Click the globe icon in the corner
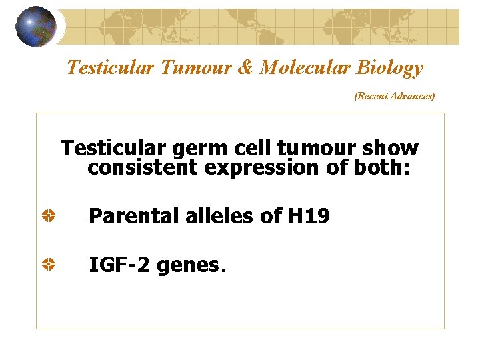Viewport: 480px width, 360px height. pyautogui.click(x=35, y=27)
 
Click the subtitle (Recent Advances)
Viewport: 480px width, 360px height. pyautogui.click(x=394, y=96)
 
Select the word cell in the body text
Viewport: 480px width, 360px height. pyautogui.click(x=250, y=148)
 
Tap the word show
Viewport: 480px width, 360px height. pyautogui.click(x=390, y=148)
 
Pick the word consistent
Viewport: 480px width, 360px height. pyautogui.click(x=143, y=168)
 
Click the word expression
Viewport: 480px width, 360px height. pyautogui.click(x=263, y=168)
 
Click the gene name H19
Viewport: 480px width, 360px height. pyautogui.click(x=308, y=216)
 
